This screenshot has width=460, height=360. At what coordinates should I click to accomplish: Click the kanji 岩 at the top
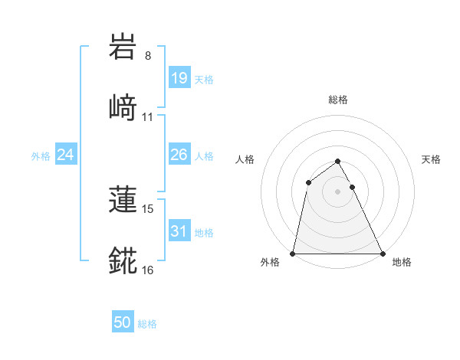123,47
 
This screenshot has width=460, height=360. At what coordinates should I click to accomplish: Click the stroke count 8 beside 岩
148,56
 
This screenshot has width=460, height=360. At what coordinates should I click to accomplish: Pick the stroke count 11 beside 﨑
148,116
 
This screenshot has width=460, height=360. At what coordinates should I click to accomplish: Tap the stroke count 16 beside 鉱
148,270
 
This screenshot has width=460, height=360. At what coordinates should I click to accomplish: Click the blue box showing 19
179,77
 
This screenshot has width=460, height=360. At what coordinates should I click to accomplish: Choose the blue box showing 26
179,155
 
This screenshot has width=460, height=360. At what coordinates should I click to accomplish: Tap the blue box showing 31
179,231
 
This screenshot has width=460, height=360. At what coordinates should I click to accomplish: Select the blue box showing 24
66,155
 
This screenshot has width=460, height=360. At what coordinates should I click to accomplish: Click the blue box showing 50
123,322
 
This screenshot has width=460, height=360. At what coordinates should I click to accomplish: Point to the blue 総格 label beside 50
148,324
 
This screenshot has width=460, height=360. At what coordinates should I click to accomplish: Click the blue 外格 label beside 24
41,156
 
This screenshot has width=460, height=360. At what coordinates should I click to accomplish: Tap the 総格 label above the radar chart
337,100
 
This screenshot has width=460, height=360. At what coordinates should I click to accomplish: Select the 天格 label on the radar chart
432,159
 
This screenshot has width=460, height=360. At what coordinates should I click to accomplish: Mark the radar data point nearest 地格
382,253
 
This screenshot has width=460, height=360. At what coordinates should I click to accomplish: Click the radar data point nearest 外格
293,253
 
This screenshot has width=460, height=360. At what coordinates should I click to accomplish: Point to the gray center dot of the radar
337,191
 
